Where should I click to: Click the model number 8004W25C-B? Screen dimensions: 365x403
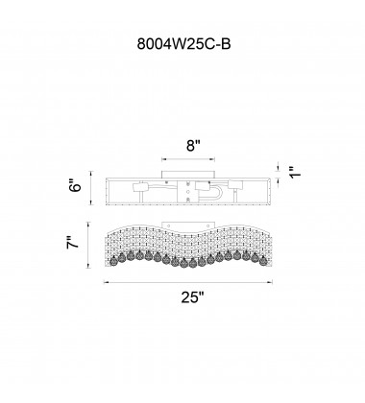pos(183,44)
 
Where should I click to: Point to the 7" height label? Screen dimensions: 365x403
pos(73,243)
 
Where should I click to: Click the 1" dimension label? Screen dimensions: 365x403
pos(295,172)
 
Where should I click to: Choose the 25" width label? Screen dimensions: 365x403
pos(192,297)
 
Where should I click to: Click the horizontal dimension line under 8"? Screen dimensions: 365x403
pos(188,159)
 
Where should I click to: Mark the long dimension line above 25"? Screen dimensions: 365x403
pos(188,282)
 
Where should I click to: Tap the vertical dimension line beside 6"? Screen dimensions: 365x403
pos(91,188)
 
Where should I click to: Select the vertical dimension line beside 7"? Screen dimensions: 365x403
pos(88,245)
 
